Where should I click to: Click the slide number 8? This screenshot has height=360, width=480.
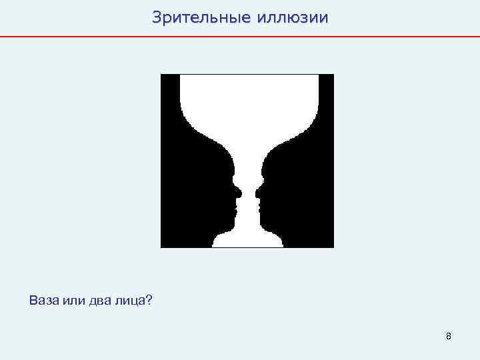click(449, 336)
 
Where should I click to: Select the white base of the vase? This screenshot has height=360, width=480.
click(247, 240)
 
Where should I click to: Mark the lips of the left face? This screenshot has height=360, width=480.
click(233, 203)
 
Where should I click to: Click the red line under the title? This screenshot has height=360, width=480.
click(240, 36)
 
